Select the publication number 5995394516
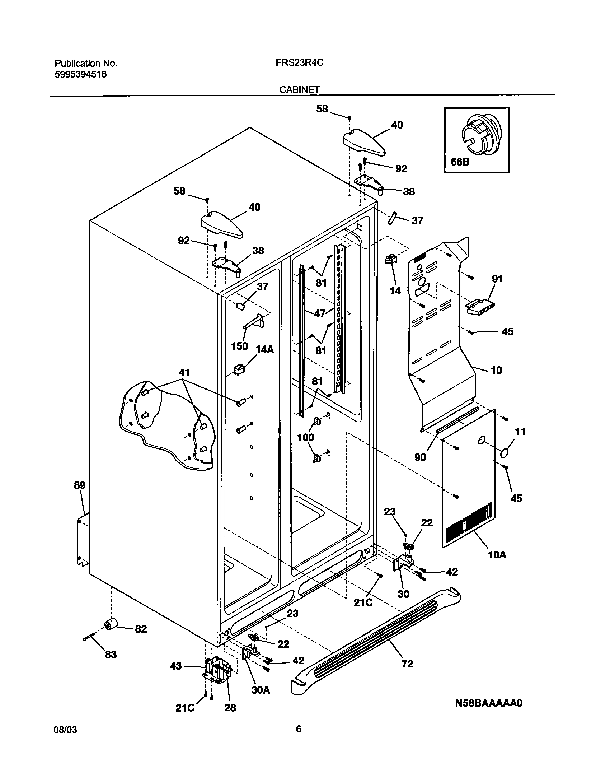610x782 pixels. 80,75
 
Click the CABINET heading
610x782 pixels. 299,90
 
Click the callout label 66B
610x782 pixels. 460,162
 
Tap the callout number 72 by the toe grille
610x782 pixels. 407,664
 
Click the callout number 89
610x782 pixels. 80,485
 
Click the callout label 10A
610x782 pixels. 497,555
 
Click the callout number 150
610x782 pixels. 239,346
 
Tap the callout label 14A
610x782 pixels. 265,349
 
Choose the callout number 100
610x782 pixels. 306,437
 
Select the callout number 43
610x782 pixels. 176,666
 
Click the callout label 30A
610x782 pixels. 261,690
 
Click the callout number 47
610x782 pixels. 319,313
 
